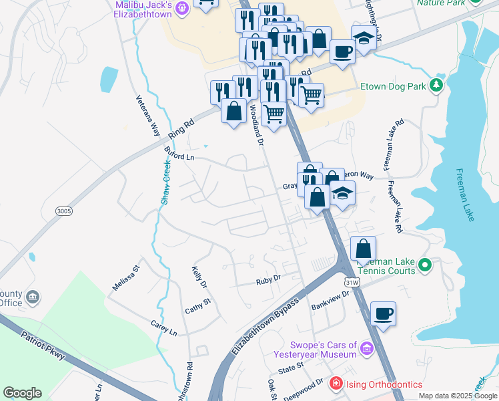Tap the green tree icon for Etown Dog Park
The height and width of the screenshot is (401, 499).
pos(436,85)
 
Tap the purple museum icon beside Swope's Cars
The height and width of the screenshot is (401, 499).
pos(365,348)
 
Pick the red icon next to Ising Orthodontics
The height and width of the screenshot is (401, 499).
pos(336,384)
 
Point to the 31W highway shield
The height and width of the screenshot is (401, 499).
pos(352,283)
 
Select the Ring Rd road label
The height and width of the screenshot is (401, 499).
pos(181,128)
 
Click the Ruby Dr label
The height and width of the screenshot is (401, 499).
pos(268,281)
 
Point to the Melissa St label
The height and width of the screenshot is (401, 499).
pos(125,277)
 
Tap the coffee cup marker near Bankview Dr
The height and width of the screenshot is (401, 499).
pos(384,314)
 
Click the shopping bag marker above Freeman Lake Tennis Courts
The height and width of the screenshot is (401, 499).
pos(363,249)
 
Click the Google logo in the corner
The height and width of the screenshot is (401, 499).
pos(22,393)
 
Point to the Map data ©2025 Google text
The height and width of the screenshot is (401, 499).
pos(457,396)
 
